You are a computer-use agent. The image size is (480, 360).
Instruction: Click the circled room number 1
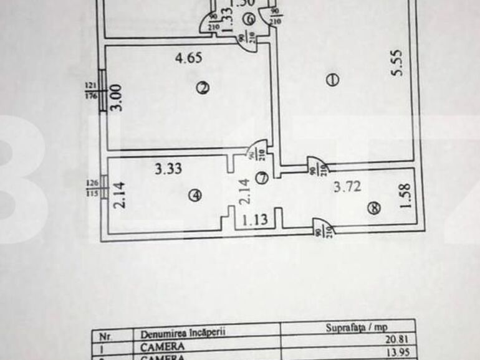click(332, 79)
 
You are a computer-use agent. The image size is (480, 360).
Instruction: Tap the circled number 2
click(201, 88)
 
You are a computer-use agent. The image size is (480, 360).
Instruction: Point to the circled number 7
click(262, 178)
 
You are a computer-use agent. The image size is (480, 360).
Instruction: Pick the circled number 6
click(248, 19)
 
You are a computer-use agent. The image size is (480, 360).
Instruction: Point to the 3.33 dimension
click(168, 168)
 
